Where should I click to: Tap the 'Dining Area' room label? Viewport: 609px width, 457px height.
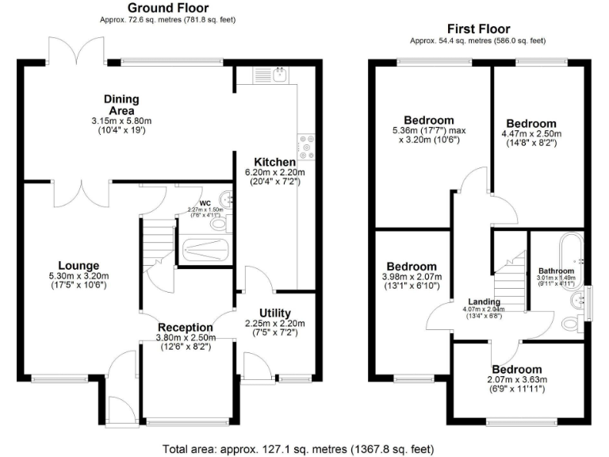(121, 104)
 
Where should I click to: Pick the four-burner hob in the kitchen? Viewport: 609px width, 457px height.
(304, 146)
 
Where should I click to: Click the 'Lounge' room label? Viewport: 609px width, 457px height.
(78, 265)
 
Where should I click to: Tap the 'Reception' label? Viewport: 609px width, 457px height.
(185, 327)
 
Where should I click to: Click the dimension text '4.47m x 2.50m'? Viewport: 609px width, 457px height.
(531, 135)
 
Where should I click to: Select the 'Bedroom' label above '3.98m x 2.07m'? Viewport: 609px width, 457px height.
(411, 266)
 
